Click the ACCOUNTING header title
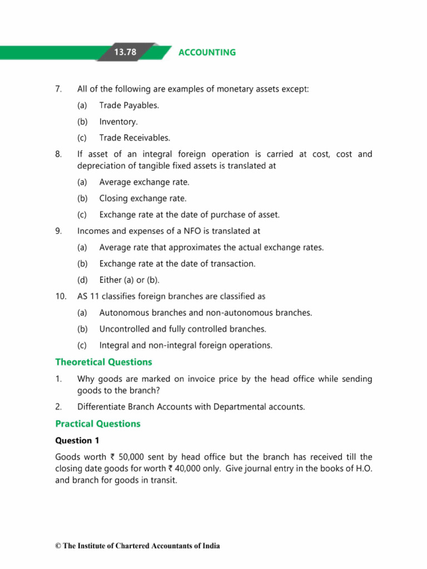click(207, 52)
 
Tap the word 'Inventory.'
click(118, 121)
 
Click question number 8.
click(58, 154)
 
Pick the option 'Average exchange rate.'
click(144, 182)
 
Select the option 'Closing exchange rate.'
click(143, 198)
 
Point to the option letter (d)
click(82, 280)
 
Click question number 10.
click(61, 296)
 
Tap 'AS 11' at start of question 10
click(88, 296)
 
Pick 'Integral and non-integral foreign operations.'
click(186, 345)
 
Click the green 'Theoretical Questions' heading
click(103, 362)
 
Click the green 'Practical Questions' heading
click(98, 424)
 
